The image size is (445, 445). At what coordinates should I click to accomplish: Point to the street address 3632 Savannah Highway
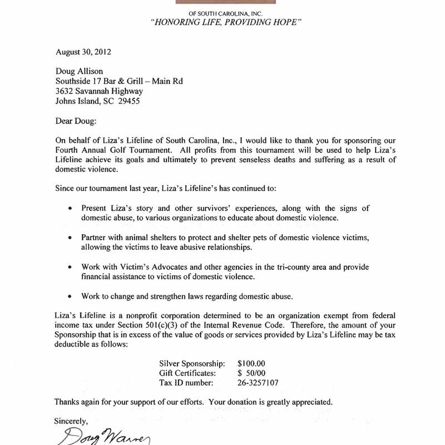click(100, 91)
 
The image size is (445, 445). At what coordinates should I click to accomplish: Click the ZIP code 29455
click(127, 101)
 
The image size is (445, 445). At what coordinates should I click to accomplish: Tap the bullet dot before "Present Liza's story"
click(70, 209)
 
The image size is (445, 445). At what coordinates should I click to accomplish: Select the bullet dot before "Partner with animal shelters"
click(70, 238)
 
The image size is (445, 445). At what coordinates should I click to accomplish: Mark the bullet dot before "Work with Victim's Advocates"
click(70, 267)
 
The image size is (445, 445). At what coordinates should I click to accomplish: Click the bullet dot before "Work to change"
click(70, 296)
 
